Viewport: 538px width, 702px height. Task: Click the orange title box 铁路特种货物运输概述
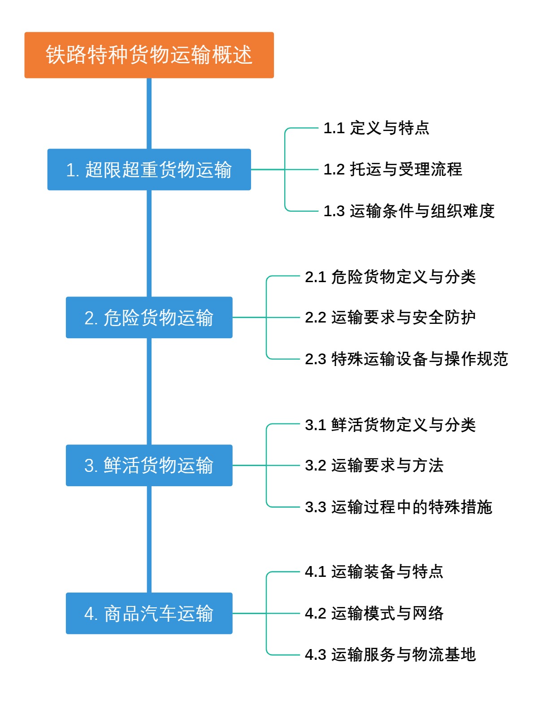point(149,55)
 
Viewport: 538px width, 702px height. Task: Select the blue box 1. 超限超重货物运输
point(149,170)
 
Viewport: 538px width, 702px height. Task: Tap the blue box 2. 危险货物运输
point(149,318)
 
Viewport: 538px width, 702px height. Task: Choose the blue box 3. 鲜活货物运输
point(149,466)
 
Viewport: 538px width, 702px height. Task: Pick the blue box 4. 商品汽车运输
point(149,613)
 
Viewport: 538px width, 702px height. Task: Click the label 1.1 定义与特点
point(376,128)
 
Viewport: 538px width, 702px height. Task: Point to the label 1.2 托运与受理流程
point(393,170)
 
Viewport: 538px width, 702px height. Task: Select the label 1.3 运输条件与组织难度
point(409,211)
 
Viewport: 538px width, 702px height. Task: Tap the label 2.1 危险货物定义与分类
point(390,277)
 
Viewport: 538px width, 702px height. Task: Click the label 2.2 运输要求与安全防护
point(390,318)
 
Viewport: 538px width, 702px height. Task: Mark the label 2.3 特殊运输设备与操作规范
point(406,359)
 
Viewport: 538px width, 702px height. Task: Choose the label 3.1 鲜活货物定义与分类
point(390,425)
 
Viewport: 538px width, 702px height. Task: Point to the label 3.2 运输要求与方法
point(374,466)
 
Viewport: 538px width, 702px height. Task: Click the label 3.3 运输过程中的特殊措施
point(398,507)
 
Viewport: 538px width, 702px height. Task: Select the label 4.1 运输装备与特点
point(374,572)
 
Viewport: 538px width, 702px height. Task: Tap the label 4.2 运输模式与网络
point(374,613)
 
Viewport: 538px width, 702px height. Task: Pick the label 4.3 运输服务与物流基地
point(390,654)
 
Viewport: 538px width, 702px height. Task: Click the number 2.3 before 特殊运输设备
point(315,359)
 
